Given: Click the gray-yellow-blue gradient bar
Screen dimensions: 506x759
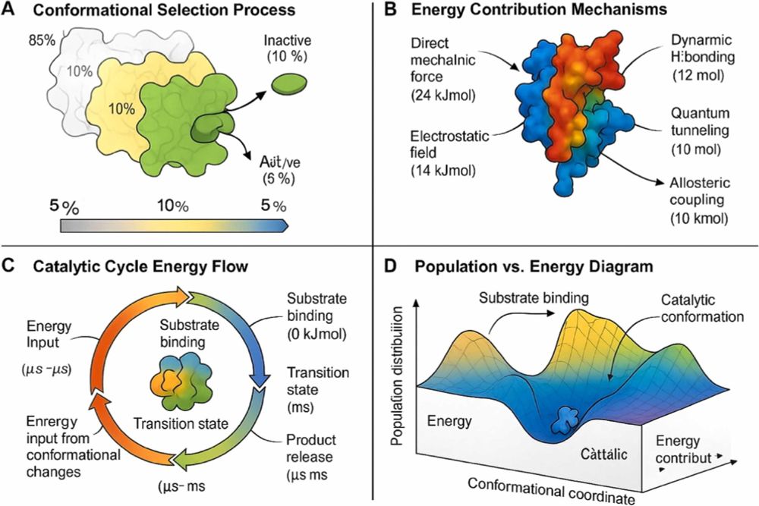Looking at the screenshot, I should [174, 225].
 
